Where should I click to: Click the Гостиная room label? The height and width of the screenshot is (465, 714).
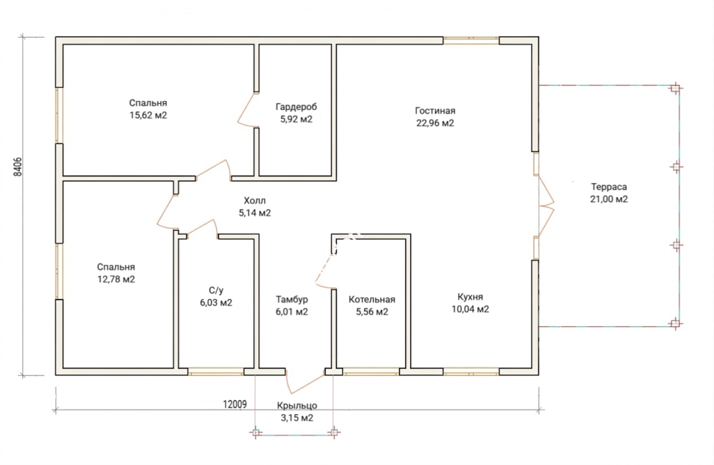point(435,111)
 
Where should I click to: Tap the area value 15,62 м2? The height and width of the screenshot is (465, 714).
point(148,115)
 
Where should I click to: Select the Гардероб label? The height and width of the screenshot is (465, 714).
point(296,107)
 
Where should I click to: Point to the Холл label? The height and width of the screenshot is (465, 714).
point(255,200)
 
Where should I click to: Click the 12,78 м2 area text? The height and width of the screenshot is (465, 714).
point(116,279)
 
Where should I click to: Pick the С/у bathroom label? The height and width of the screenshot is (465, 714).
point(216,291)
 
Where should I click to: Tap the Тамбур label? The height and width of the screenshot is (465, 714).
point(292,300)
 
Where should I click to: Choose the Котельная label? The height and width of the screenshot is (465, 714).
point(372,300)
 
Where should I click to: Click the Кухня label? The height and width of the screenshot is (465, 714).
point(471,297)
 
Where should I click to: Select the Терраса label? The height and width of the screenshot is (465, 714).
point(609,187)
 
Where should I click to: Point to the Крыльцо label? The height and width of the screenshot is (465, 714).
point(297,405)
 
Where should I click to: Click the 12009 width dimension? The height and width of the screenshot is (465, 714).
point(234,404)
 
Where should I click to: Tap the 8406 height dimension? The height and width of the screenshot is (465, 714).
point(17,167)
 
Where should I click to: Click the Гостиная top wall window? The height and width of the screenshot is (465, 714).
point(471,40)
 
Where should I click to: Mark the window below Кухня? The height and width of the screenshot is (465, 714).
point(471,372)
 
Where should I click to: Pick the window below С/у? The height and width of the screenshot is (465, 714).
point(216,372)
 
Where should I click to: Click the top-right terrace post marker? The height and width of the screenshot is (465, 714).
point(676,88)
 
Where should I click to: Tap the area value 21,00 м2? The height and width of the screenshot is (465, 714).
point(609,199)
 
